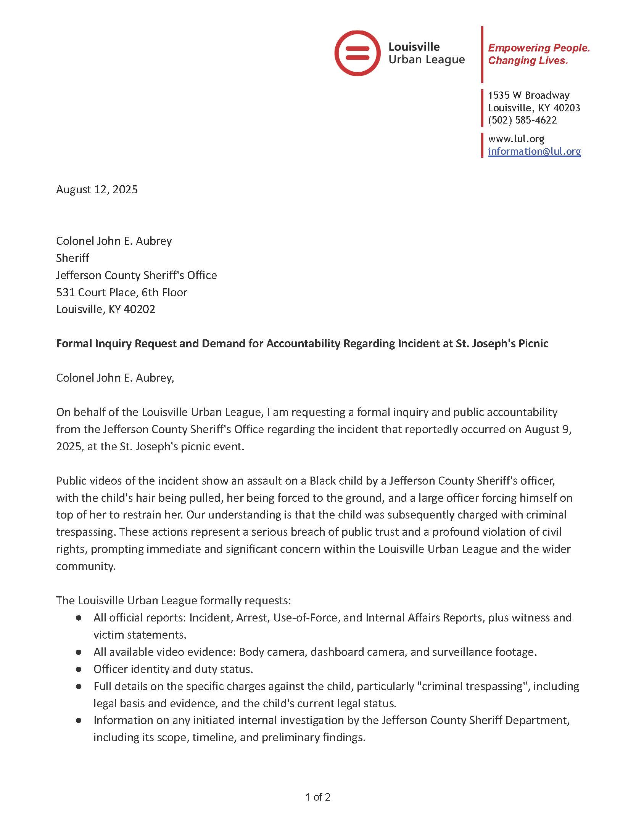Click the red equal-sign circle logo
pos(357,53)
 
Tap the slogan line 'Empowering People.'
pos(539,48)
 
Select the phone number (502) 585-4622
pos(522,120)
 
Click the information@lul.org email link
pos(534,151)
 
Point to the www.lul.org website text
pos(516,139)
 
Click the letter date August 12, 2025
pos(97,189)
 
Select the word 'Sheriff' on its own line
pos(72,258)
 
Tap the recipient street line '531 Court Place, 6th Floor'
pos(122,292)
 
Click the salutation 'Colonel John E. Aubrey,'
pos(115,378)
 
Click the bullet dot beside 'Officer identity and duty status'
pos(79,669)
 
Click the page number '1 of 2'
pos(318,797)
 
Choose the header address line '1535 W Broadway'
pos(528,95)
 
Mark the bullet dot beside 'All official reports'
pos(79,618)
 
